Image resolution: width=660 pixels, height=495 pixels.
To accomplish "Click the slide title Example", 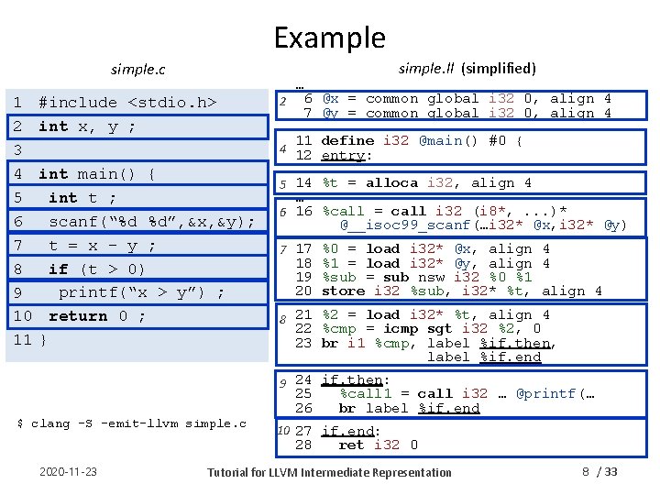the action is (x=329, y=38).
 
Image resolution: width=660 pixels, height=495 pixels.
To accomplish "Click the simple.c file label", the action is (x=137, y=70).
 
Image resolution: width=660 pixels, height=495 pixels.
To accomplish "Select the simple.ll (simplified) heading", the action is (x=467, y=68).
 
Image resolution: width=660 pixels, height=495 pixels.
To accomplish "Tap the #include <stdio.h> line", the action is (x=127, y=103).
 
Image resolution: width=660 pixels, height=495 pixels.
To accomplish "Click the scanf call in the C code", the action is (x=70, y=222).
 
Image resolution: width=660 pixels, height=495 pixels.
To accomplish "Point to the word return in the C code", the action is (x=77, y=316).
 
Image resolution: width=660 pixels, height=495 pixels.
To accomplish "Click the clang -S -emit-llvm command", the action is (x=132, y=423).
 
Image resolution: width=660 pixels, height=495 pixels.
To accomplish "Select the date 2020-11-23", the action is (x=70, y=472).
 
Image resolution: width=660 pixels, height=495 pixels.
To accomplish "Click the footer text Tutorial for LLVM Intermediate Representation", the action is (x=329, y=473).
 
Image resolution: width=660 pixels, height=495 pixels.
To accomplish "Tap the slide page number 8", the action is (x=586, y=472).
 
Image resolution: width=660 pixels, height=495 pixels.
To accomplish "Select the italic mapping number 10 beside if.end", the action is (x=283, y=430).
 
